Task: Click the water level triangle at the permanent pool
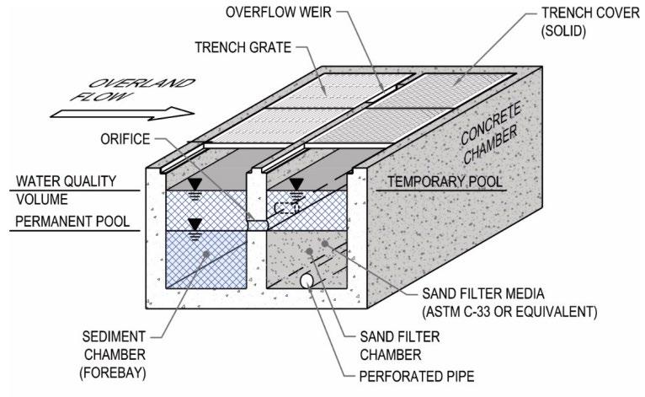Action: click(195, 224)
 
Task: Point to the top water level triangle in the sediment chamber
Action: click(195, 183)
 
